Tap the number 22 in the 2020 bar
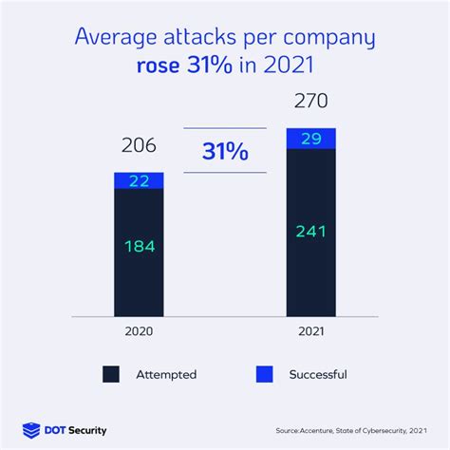pyautogui.click(x=139, y=180)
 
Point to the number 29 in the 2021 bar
pyautogui.click(x=310, y=138)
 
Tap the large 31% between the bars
pyautogui.click(x=226, y=150)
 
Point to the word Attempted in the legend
pyautogui.click(x=166, y=375)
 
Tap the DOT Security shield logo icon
pyautogui.click(x=30, y=430)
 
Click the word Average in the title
pyautogui.click(x=113, y=40)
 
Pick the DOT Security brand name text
pyautogui.click(x=78, y=430)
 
